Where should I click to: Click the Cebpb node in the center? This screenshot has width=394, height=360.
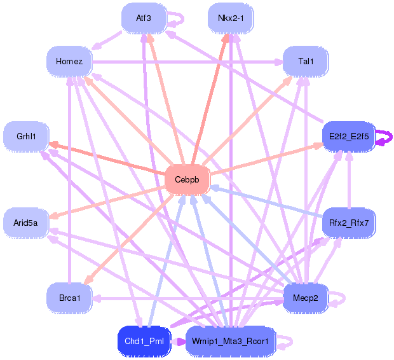pyautogui.click(x=187, y=179)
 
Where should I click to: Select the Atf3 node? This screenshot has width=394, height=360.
pyautogui.click(x=144, y=18)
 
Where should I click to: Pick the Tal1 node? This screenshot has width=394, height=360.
pyautogui.click(x=306, y=61)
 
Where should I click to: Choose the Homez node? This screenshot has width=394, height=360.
pyautogui.click(x=69, y=61)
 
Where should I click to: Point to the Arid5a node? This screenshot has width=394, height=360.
pyautogui.click(x=26, y=223)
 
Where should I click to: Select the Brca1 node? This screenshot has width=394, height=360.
pyautogui.click(x=69, y=298)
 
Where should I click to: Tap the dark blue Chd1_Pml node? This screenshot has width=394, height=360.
pyautogui.click(x=144, y=341)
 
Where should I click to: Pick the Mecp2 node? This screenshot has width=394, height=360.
pyautogui.click(x=306, y=298)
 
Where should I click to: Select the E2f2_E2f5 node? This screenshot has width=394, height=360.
pyautogui.click(x=349, y=136)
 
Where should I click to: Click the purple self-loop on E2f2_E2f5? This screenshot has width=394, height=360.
pyautogui.click(x=385, y=137)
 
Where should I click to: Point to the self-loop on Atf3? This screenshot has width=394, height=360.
pyautogui.click(x=178, y=18)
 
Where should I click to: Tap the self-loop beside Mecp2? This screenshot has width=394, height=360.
pyautogui.click(x=339, y=298)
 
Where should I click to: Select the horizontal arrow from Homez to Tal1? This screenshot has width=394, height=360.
pyautogui.click(x=191, y=62)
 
